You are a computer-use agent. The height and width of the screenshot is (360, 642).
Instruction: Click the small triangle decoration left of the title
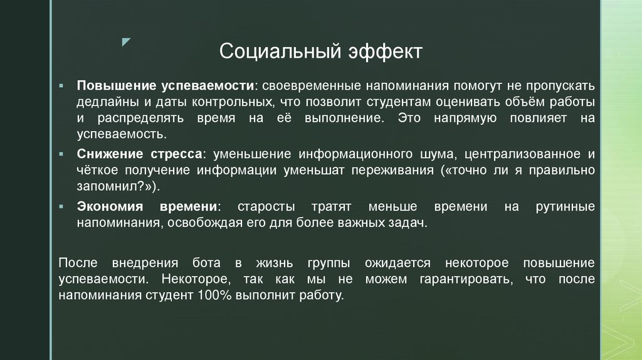pos(127,42)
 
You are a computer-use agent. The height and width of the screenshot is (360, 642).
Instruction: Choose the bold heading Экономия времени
pos(148,206)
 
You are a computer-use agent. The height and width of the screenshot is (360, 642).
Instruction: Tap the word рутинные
pos(566,206)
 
